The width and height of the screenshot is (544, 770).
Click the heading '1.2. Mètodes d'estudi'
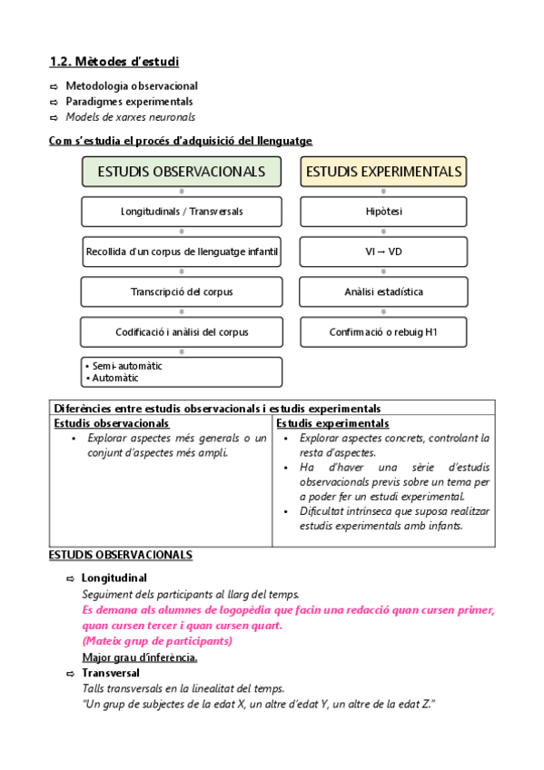click(x=114, y=62)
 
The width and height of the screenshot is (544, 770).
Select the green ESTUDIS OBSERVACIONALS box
click(x=182, y=172)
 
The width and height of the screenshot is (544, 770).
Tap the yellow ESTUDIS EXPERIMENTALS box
click(x=384, y=172)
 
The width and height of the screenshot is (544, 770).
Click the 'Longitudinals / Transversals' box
click(x=182, y=212)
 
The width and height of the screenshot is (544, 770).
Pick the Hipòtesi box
click(x=384, y=212)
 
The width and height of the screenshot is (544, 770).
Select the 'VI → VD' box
click(x=384, y=252)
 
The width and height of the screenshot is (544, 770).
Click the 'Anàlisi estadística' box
click(x=384, y=291)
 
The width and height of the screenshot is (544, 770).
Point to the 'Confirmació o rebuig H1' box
click(x=384, y=332)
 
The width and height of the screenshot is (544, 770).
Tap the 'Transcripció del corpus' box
click(x=182, y=291)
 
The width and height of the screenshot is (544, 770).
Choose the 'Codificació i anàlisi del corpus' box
click(x=182, y=332)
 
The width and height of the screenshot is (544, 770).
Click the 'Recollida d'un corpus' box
click(x=182, y=252)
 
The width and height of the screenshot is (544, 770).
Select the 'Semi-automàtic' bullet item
click(x=126, y=366)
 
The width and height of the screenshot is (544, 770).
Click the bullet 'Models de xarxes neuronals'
click(x=130, y=117)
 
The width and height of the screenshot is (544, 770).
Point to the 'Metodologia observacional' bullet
click(x=132, y=86)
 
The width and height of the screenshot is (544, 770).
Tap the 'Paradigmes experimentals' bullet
click(x=129, y=102)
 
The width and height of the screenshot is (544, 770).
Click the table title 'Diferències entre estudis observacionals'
click(x=218, y=409)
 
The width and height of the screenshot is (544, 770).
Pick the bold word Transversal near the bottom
click(x=111, y=673)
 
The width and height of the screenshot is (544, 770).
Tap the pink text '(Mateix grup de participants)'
click(x=156, y=641)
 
